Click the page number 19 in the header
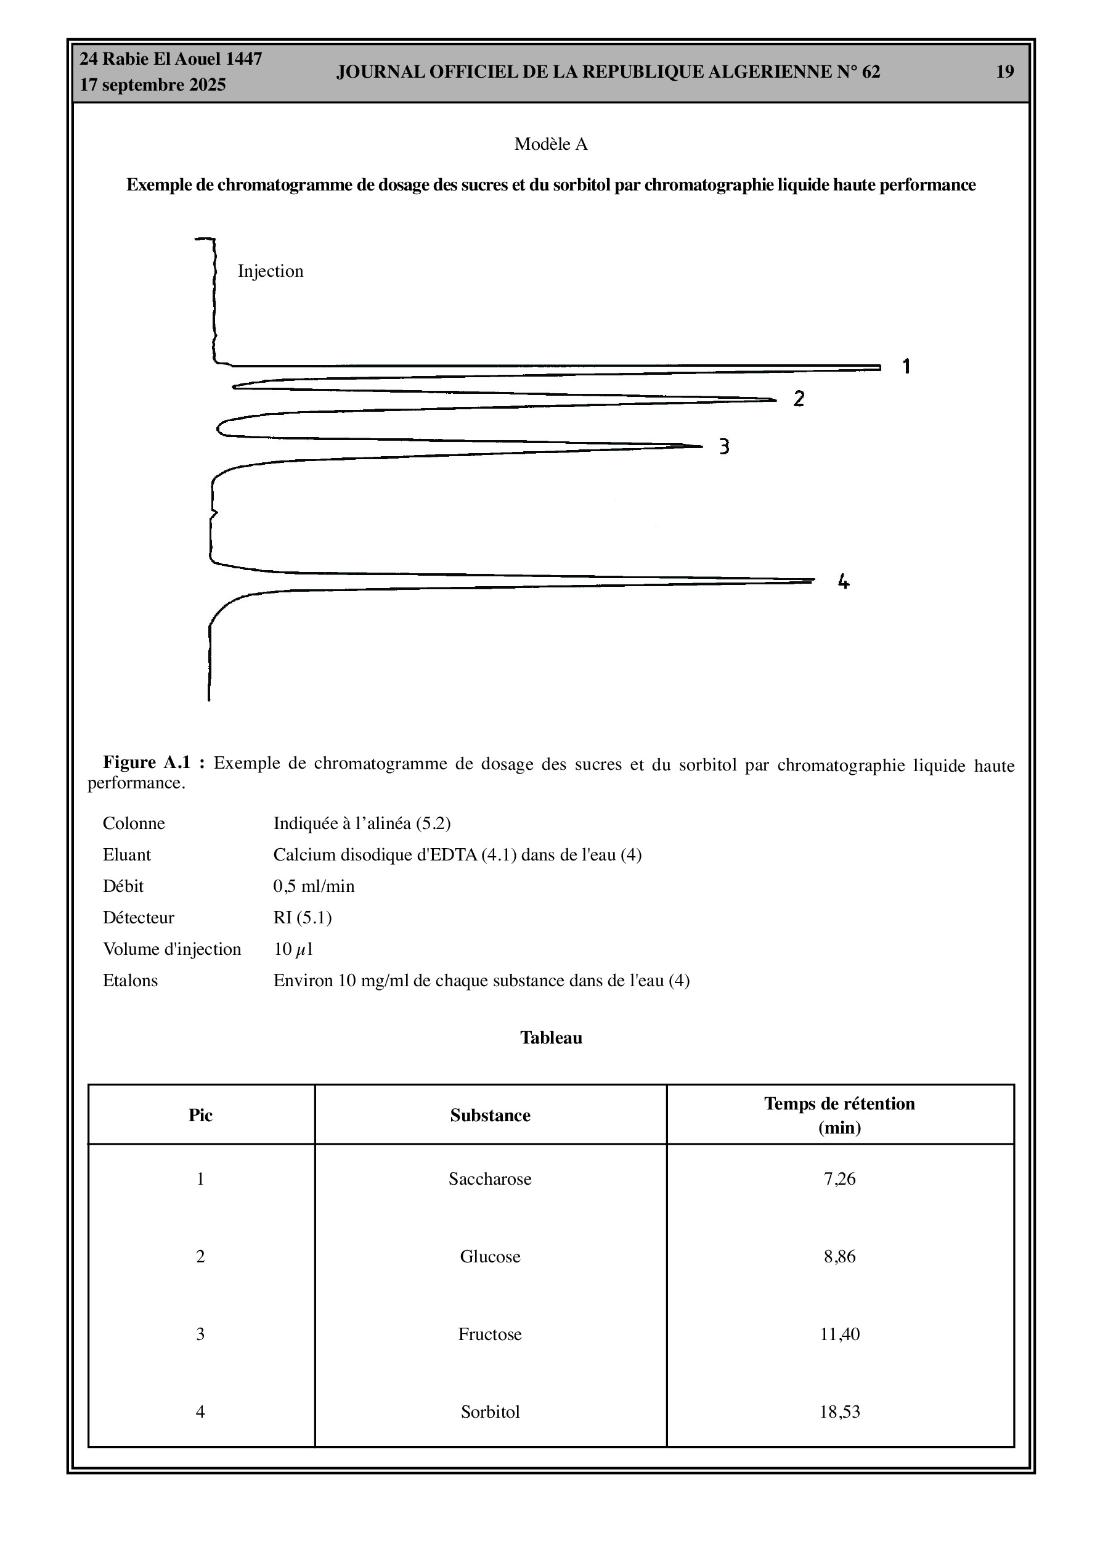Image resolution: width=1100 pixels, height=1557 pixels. (1004, 72)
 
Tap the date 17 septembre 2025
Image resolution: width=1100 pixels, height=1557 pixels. (153, 85)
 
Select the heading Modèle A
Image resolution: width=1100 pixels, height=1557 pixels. (551, 144)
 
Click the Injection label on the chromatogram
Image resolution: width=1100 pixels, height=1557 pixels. (270, 271)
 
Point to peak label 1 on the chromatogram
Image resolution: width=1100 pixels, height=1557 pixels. (906, 366)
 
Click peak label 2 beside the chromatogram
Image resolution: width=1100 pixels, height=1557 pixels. (799, 399)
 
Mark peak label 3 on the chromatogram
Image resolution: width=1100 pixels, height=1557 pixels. (724, 446)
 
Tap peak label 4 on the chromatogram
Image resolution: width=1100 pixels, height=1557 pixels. (843, 581)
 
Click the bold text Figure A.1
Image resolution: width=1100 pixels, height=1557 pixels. (146, 762)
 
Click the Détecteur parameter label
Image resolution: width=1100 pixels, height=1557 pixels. (139, 918)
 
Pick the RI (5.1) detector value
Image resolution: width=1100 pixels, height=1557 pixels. (303, 918)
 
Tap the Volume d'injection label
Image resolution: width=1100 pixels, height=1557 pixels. (171, 949)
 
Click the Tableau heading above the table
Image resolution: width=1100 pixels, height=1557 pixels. (551, 1037)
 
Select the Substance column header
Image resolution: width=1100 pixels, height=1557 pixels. (490, 1116)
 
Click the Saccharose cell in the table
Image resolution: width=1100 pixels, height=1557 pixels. (490, 1179)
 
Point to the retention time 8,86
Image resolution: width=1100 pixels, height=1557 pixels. (839, 1256)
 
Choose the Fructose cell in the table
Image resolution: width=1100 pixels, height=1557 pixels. (490, 1334)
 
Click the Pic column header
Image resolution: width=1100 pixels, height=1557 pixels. (200, 1116)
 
